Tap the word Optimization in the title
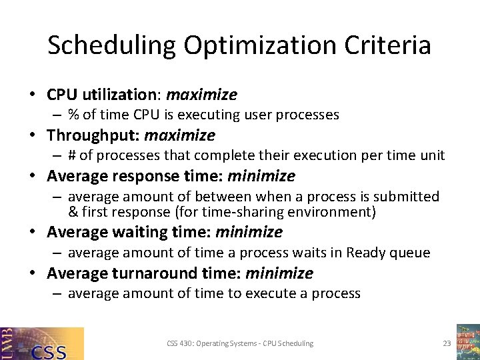click(260, 45)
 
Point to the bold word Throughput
click(93, 135)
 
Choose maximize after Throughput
click(179, 135)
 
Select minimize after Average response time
click(261, 176)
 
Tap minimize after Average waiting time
click(249, 232)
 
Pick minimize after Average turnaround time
click(279, 273)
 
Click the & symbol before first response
click(73, 212)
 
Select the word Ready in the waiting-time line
click(363, 253)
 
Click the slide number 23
click(447, 343)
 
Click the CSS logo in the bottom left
click(42, 343)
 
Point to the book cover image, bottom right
click(468, 341)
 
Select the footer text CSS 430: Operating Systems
click(213, 343)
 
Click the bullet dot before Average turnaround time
click(35, 273)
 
